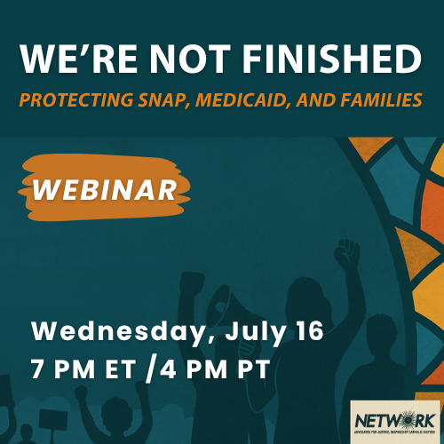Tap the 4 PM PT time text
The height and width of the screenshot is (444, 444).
(218, 366)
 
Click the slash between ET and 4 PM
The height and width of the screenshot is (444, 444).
(162, 366)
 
